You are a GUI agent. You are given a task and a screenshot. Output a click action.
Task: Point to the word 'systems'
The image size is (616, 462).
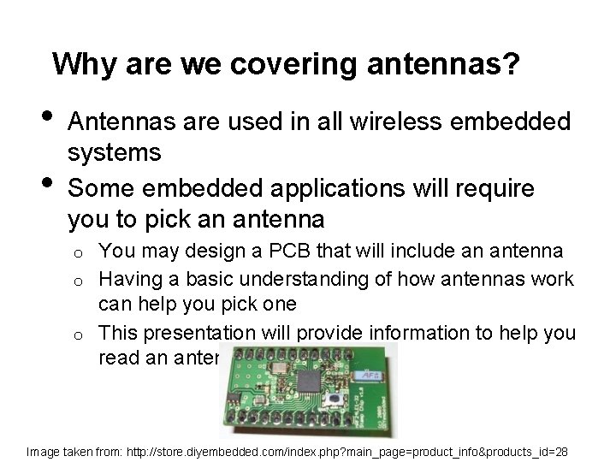pos(114,153)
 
